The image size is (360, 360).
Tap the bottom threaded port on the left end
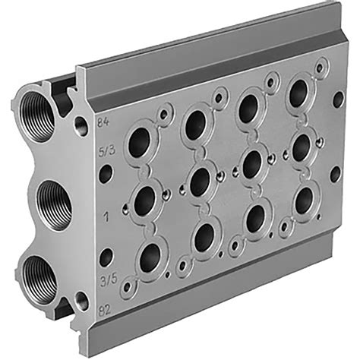(37, 274)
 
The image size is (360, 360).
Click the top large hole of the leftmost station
(138, 143)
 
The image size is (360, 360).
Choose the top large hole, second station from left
(195, 125)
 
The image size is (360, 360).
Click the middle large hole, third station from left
(253, 162)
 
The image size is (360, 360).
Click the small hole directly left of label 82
(81, 303)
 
